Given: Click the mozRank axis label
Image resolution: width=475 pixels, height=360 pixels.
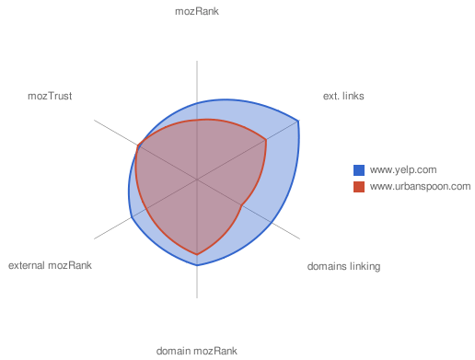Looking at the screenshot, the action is tap(197, 12).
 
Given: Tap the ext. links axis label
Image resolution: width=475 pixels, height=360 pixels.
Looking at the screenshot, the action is tap(343, 95).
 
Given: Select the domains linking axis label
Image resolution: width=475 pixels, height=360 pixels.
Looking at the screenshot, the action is tap(343, 266).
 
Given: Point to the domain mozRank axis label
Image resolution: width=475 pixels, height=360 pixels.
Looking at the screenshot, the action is tap(197, 351).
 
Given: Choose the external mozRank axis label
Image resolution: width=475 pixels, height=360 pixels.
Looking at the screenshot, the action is tap(50, 266).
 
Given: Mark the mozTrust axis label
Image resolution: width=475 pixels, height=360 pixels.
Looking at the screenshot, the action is tap(51, 95).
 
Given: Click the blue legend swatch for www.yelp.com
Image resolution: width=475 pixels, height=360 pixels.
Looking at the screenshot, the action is tap(360, 169).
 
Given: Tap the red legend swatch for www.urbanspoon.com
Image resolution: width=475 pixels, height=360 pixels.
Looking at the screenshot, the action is tap(360, 187).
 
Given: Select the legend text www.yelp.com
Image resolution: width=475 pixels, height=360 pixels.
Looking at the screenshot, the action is tap(402, 169).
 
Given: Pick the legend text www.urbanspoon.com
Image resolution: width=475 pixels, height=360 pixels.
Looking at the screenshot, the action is tap(420, 187).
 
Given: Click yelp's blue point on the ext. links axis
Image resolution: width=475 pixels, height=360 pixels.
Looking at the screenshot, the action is tap(299, 121).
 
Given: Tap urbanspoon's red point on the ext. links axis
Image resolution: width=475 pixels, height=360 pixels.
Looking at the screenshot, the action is tap(266, 140).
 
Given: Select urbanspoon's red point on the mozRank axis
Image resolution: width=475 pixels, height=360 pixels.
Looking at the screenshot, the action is tap(197, 120).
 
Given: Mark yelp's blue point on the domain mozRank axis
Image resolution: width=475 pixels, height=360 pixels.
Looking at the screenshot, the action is tap(197, 265).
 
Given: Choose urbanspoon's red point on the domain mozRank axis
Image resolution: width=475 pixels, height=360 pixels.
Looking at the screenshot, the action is tap(197, 253).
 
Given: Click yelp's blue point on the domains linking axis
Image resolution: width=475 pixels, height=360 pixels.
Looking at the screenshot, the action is tap(272, 224).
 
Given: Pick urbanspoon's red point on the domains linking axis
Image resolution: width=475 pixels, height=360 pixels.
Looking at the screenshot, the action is tap(242, 206).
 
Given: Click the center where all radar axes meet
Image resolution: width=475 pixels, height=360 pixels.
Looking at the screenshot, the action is tap(197, 180).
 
